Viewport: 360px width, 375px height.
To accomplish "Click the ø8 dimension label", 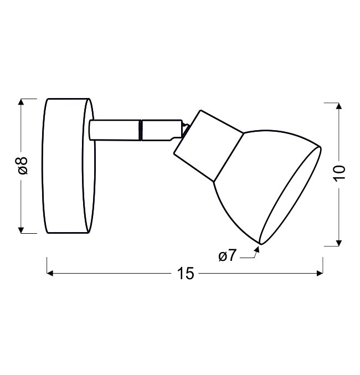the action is point(23,166).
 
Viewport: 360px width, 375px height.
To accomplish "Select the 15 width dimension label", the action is point(186,274).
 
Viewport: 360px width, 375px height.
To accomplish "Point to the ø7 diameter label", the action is point(227,255).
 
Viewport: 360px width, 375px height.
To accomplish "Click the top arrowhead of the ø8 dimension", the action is point(21,101).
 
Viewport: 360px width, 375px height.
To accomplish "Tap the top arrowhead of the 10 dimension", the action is point(338,106).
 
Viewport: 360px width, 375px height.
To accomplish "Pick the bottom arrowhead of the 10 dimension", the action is point(338,243).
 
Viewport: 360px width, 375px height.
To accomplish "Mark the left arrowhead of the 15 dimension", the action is point(50,273).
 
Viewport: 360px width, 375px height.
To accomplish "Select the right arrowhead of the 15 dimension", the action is point(320,273).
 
